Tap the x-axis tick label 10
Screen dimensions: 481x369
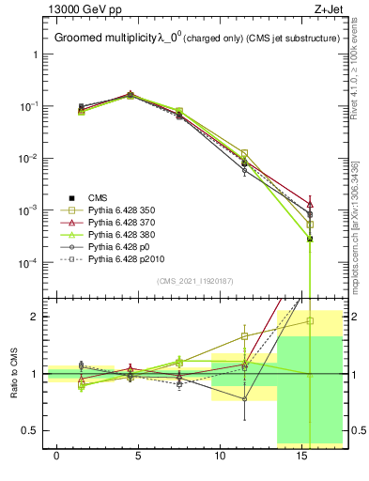click(x=219, y=455)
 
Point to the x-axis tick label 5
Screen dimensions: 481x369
click(x=138, y=455)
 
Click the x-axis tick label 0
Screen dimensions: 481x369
click(x=57, y=455)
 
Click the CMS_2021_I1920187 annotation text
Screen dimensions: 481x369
click(x=194, y=281)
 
